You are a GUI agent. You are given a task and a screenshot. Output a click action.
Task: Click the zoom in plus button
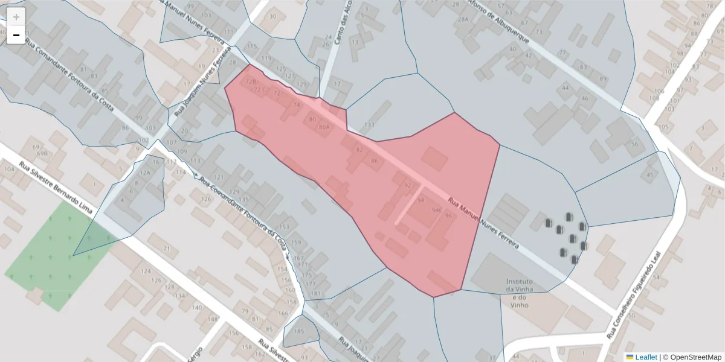click(x=16, y=17)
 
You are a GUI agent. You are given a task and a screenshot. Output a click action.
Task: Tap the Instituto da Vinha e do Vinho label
click(x=519, y=293)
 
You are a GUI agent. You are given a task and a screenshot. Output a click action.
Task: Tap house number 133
click(x=369, y=125)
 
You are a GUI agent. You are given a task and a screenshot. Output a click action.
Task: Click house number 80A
click(x=324, y=127)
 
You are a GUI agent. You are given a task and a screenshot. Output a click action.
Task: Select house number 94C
click(x=437, y=210)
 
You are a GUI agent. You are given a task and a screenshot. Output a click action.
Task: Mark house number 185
click(x=298, y=332)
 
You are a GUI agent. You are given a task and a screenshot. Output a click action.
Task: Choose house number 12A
click(x=145, y=172)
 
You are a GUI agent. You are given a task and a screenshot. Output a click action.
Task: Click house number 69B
click(x=42, y=153)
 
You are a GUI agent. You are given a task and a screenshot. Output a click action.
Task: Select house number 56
click(x=634, y=144)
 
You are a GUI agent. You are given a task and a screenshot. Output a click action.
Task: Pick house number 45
click(x=650, y=175)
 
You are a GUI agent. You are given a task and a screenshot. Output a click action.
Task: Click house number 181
click(x=315, y=293)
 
